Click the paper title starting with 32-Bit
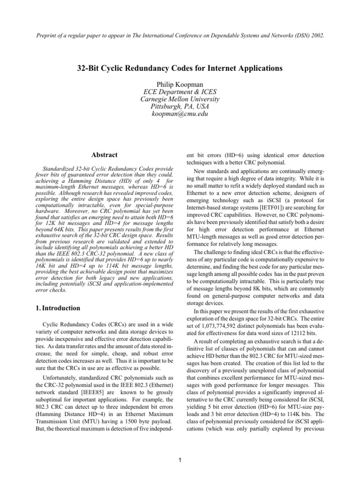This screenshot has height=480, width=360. [x=180, y=68]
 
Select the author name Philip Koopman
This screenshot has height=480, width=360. [x=180, y=83]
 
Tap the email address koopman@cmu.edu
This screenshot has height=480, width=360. [x=180, y=114]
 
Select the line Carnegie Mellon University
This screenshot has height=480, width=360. [x=180, y=99]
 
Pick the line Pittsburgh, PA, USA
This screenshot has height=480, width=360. [x=180, y=106]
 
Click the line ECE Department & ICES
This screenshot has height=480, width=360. [x=180, y=91]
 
